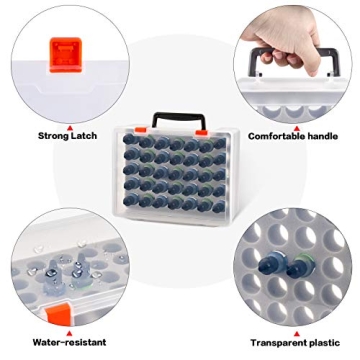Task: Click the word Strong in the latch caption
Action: [x=54, y=136]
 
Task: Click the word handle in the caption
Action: [x=326, y=136]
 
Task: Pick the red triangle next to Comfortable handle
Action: [x=294, y=125]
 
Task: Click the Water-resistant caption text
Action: [x=68, y=341]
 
